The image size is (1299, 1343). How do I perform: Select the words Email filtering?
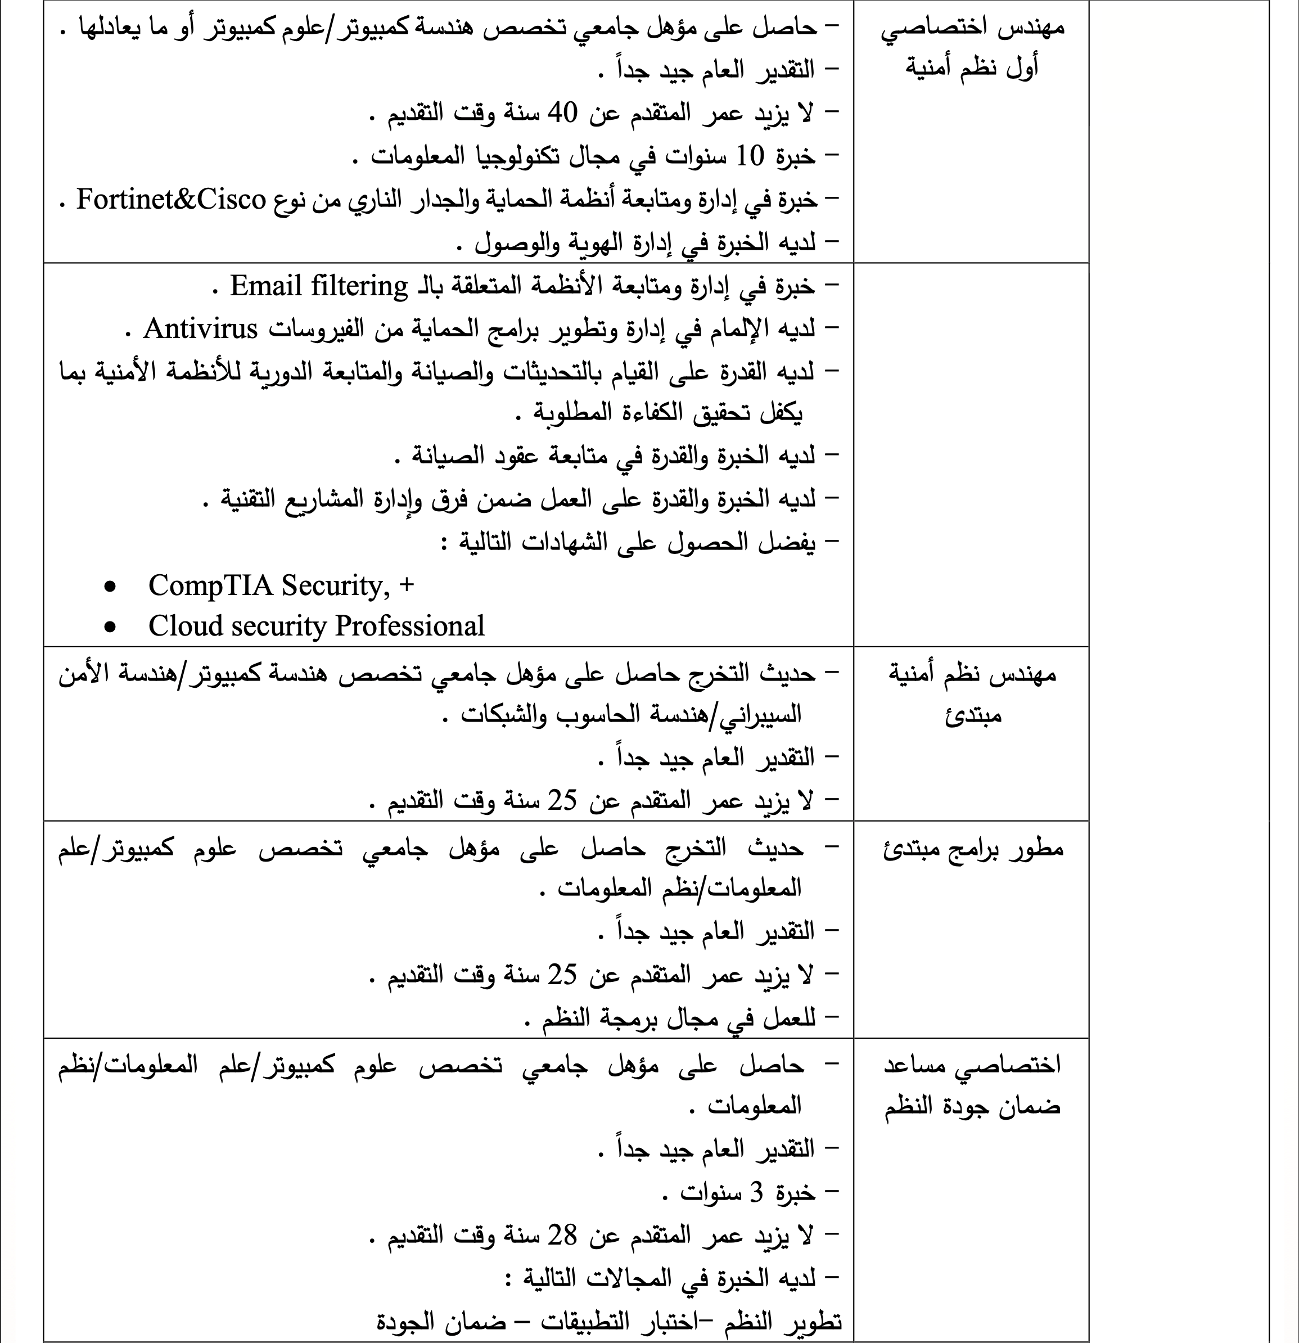coord(319,286)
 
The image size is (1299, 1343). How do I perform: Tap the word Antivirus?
coord(200,329)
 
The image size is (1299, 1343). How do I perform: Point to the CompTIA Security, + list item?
coord(281,585)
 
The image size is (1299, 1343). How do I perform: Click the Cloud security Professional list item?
coord(316,625)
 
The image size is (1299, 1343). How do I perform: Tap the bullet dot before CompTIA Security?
coord(110,587)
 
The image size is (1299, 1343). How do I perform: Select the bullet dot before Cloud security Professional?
coord(110,627)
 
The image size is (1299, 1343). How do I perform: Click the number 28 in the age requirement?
coord(562,1236)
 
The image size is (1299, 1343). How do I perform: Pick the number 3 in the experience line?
coord(756,1193)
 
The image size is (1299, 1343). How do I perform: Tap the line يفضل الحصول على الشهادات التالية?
coord(637,543)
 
